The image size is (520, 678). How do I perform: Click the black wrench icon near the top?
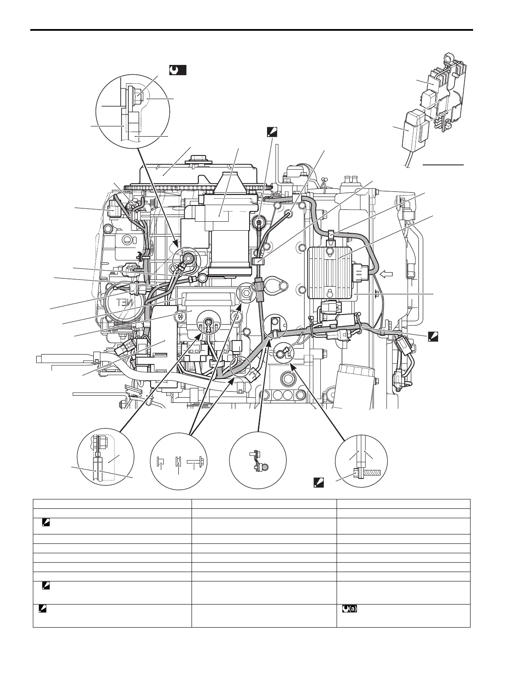[177, 70]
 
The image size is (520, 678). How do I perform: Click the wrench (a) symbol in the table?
[349, 609]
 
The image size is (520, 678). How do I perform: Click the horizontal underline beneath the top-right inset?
[443, 164]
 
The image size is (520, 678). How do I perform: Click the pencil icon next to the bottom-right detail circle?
[319, 483]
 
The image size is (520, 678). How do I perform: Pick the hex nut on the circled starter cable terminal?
[187, 257]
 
